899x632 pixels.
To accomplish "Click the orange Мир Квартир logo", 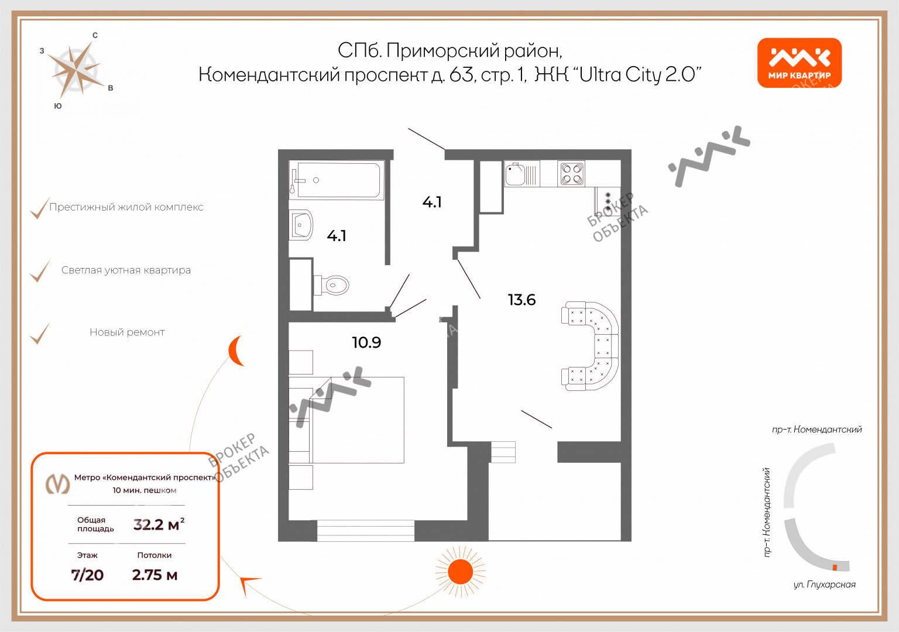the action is (x=800, y=63).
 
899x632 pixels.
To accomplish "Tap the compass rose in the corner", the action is (x=76, y=71).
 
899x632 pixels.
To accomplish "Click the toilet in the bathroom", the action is (x=331, y=286).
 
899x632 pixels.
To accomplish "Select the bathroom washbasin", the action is (x=301, y=225).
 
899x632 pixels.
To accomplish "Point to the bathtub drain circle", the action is (x=316, y=180).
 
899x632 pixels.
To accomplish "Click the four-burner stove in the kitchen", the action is (x=571, y=173).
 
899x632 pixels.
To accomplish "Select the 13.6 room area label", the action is (x=521, y=300).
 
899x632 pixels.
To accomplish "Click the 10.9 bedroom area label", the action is (x=366, y=342).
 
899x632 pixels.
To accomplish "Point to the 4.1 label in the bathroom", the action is (x=337, y=236).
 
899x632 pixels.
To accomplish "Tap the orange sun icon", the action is (x=461, y=571).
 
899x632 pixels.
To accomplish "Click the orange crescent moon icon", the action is (x=235, y=351).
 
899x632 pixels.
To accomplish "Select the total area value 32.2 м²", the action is (x=159, y=524).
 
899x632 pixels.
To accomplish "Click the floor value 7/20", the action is (x=87, y=575).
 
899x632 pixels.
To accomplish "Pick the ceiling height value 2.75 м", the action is (x=155, y=575).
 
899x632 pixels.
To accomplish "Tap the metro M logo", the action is (x=58, y=483).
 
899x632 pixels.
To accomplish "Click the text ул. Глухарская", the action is (x=824, y=585).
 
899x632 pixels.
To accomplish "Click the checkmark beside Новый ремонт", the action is (x=40, y=333).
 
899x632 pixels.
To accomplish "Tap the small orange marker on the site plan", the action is (x=835, y=568).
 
